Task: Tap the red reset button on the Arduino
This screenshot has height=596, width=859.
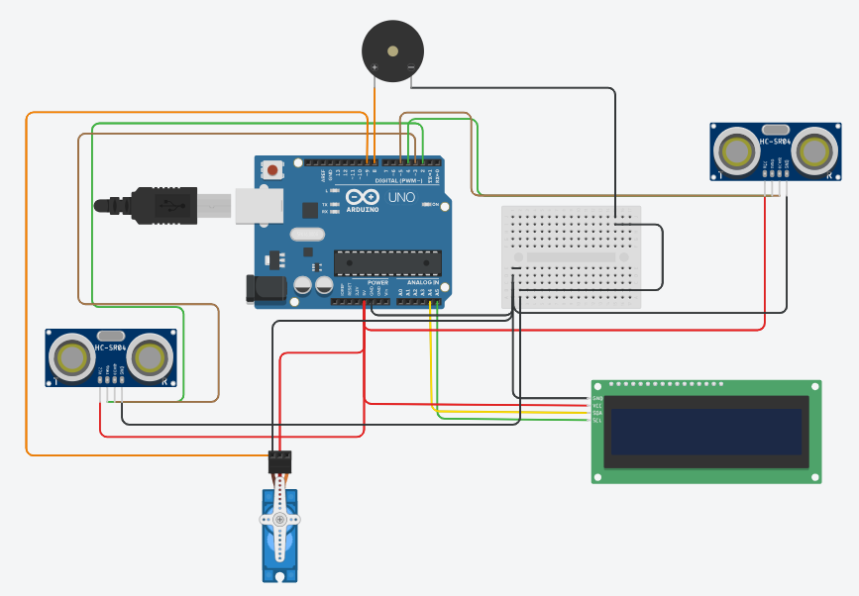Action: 272,171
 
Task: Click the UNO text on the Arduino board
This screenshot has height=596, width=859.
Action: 401,198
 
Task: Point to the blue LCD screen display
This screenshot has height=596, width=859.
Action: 707,431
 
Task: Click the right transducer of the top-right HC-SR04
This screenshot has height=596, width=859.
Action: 813,151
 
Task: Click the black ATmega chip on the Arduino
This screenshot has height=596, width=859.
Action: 387,261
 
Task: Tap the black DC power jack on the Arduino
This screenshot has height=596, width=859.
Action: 266,288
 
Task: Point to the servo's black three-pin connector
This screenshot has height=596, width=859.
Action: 281,460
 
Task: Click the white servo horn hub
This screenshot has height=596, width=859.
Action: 279,519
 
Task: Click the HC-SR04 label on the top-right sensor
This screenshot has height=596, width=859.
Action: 776,141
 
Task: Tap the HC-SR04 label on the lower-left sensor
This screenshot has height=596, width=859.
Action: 111,347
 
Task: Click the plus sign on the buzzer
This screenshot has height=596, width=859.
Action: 375,66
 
